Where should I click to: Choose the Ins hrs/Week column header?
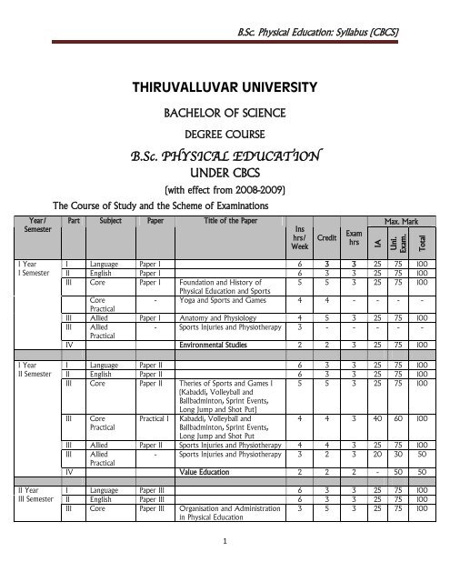click(x=299, y=238)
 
